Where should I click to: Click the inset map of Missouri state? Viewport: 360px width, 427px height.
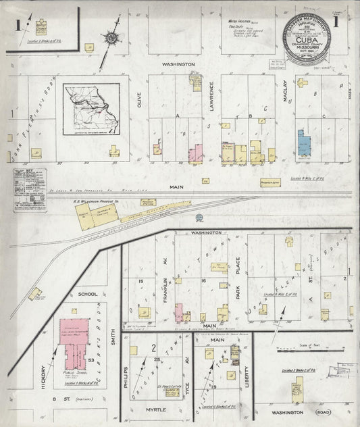[x=92, y=109]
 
